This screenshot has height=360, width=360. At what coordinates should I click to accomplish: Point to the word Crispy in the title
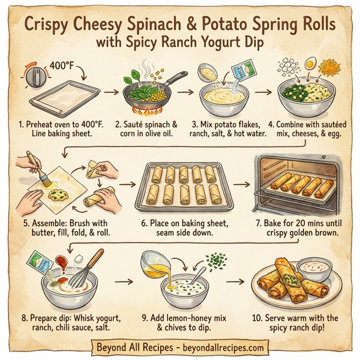50,26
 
